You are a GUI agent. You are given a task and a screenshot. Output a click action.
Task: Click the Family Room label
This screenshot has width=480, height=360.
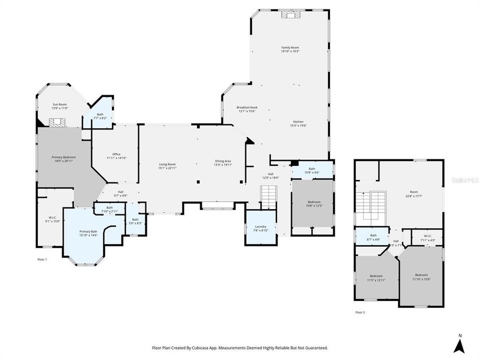pos(290,47)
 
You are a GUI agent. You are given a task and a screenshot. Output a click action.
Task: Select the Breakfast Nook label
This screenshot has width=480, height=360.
pos(247,107)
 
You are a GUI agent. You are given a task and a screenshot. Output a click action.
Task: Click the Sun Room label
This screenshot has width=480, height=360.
pos(59,104)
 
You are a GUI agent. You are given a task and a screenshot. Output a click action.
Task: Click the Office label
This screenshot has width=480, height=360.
pos(116,154)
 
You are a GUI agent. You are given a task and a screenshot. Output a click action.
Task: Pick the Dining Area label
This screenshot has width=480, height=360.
pos(222,161)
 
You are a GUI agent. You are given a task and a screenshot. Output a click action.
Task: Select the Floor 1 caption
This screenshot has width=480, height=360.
pos(42,259)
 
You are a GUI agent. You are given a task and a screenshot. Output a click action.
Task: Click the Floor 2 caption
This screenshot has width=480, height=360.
pos(360,312)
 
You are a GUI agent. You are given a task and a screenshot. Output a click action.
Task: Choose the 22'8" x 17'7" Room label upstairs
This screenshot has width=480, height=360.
pos(413,193)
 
